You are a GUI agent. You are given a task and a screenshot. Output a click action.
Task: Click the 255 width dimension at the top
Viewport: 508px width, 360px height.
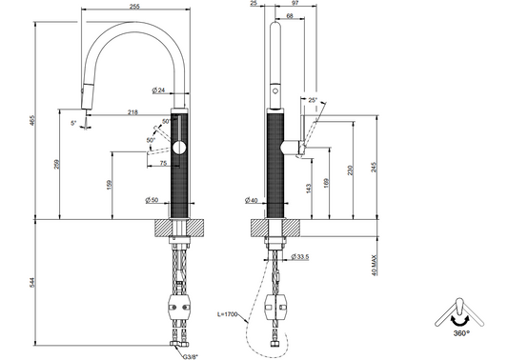point(134,6)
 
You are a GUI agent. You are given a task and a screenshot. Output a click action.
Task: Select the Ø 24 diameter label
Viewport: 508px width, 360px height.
point(159,90)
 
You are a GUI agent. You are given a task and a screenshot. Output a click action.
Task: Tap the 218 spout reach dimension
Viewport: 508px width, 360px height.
point(132,112)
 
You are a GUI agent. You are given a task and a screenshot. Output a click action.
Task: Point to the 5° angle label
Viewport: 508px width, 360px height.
point(74,123)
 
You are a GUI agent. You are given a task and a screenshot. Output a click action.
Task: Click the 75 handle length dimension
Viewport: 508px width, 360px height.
point(163,163)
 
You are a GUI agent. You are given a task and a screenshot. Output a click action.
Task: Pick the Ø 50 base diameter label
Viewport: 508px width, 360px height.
point(152,200)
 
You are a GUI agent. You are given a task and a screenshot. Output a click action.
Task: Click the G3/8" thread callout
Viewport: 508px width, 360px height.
point(190,357)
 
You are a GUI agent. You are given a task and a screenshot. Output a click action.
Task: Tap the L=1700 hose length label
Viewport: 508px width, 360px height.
point(228,314)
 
